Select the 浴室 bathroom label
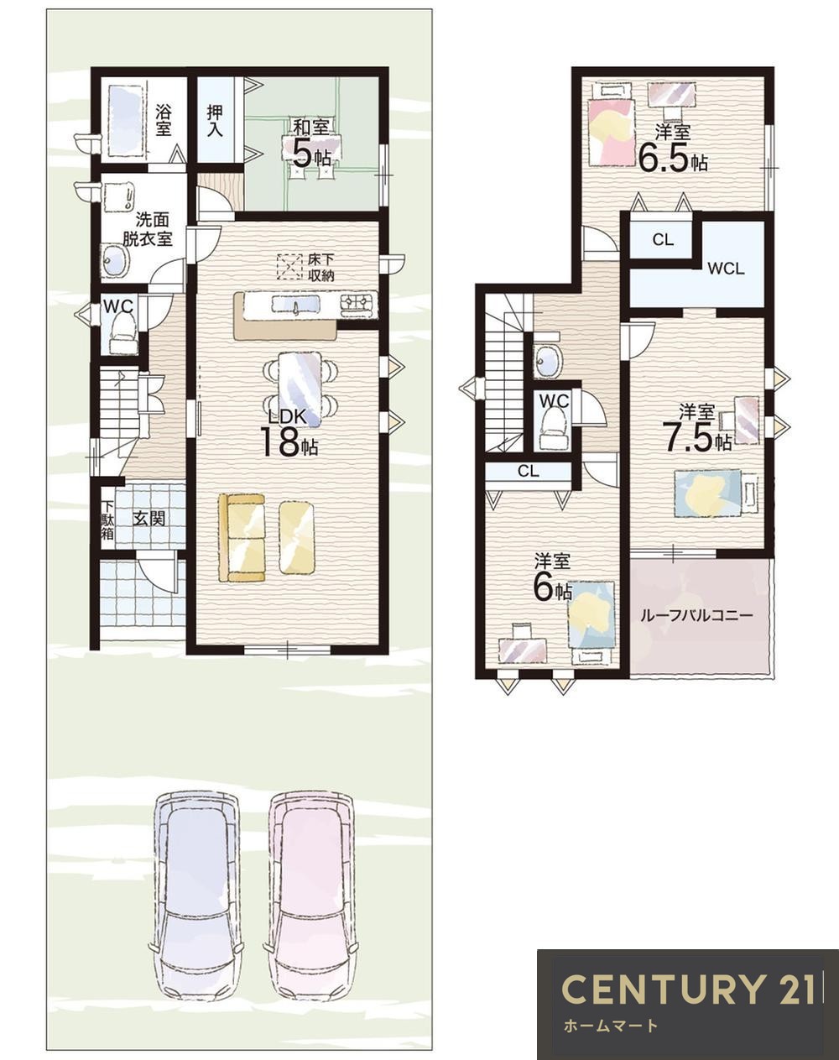[164, 120]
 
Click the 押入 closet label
[214, 121]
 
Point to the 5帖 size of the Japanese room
[311, 153]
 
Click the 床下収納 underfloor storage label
[321, 268]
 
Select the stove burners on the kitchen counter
[358, 302]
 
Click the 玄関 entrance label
[149, 519]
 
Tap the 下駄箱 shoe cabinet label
[107, 520]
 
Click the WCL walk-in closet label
[726, 269]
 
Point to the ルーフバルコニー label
[696, 616]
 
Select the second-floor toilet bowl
[554, 429]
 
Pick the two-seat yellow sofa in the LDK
[242, 538]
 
